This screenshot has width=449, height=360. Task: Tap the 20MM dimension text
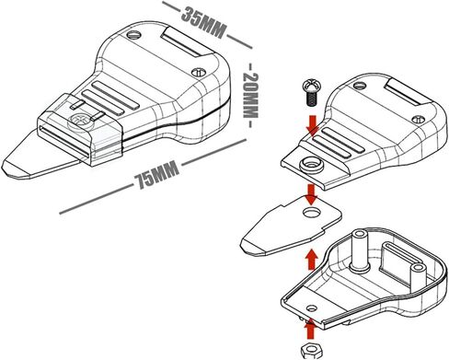coord(250,95)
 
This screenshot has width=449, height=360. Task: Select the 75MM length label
coord(156,175)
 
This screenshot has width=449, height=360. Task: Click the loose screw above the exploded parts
coord(311,93)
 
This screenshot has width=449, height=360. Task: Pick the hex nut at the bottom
coord(311,350)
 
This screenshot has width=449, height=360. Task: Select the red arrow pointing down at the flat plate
coord(312,194)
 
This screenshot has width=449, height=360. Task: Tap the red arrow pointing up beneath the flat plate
coord(313,259)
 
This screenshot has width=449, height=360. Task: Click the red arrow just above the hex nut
coord(311,330)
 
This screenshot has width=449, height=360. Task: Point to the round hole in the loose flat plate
coord(312,212)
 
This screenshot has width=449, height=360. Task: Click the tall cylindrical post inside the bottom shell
coord(360,250)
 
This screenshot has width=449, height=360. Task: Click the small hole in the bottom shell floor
coord(312,308)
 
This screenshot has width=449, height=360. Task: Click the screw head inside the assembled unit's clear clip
coord(80,121)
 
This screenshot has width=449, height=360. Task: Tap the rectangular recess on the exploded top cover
coord(406,93)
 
